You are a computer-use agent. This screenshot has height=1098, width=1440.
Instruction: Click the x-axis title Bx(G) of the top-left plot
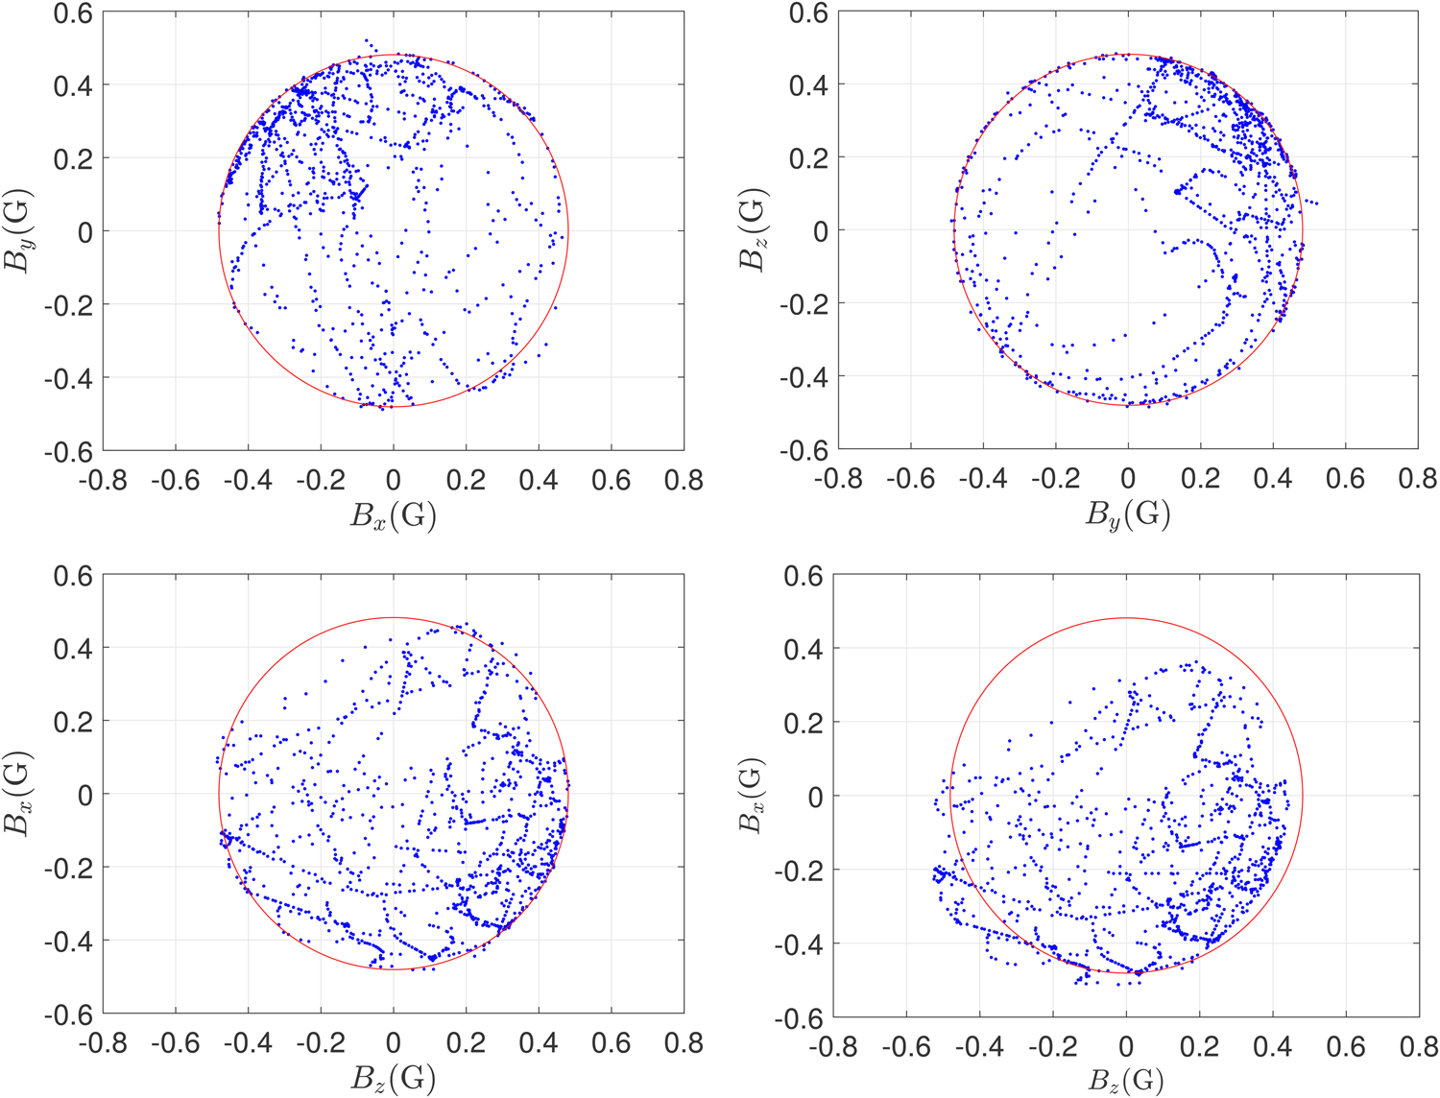(x=393, y=516)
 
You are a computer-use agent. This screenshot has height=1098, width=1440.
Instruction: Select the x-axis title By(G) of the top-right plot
(x=1128, y=516)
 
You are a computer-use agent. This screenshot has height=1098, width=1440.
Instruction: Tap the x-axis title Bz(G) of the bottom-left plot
(x=393, y=1080)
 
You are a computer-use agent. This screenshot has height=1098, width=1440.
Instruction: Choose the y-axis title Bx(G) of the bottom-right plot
(x=753, y=795)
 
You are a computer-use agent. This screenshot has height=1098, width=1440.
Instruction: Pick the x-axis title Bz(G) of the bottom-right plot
(x=1126, y=1081)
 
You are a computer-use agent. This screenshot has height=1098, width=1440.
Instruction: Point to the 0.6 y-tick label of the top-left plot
(x=74, y=13)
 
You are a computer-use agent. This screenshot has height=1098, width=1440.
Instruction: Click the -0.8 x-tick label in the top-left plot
(x=103, y=479)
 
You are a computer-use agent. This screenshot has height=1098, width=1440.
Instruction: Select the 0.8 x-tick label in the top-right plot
(x=1417, y=478)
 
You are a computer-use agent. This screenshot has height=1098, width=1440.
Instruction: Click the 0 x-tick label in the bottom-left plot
(x=393, y=1042)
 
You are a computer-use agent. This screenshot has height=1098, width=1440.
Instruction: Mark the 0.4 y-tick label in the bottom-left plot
(x=74, y=648)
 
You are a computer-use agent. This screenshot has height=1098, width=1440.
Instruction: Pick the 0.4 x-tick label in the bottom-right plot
(x=1272, y=1044)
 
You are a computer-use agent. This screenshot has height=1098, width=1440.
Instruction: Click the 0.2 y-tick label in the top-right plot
(x=809, y=157)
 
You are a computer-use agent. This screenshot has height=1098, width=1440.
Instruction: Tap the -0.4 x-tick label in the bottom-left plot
(x=248, y=1042)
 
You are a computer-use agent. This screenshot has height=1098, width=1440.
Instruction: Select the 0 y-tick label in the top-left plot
(x=84, y=231)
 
